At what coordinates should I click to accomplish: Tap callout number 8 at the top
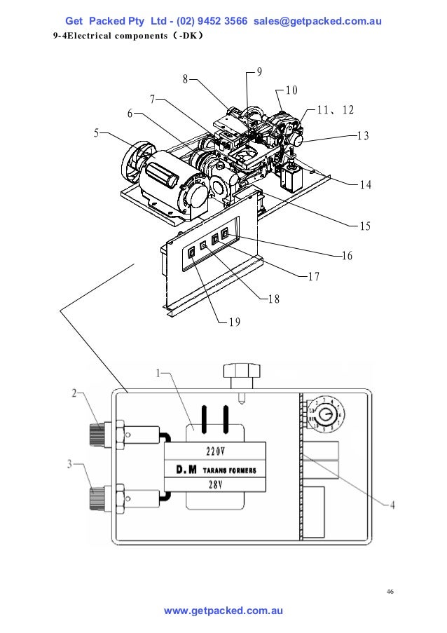tap(186, 79)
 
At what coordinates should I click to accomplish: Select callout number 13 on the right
tap(362, 136)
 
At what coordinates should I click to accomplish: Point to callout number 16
tap(347, 256)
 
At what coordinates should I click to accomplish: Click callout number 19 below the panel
tap(234, 322)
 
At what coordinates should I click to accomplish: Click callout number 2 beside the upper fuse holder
tap(74, 393)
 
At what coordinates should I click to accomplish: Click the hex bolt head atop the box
tap(240, 372)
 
